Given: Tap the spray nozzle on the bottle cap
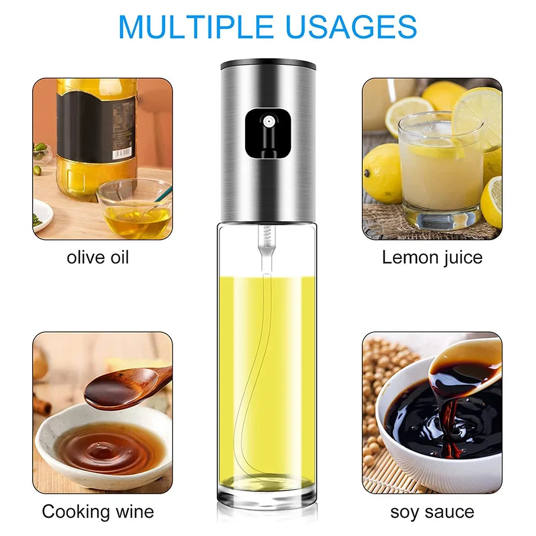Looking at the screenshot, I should pyautogui.click(x=267, y=122).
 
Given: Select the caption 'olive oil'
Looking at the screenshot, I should pyautogui.click(x=98, y=257).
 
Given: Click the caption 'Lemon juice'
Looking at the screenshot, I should pyautogui.click(x=432, y=257).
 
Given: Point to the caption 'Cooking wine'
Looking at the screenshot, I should pyautogui.click(x=98, y=511).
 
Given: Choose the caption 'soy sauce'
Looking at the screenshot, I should pyautogui.click(x=432, y=511).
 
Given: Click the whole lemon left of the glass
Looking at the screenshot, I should pyautogui.click(x=381, y=172).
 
